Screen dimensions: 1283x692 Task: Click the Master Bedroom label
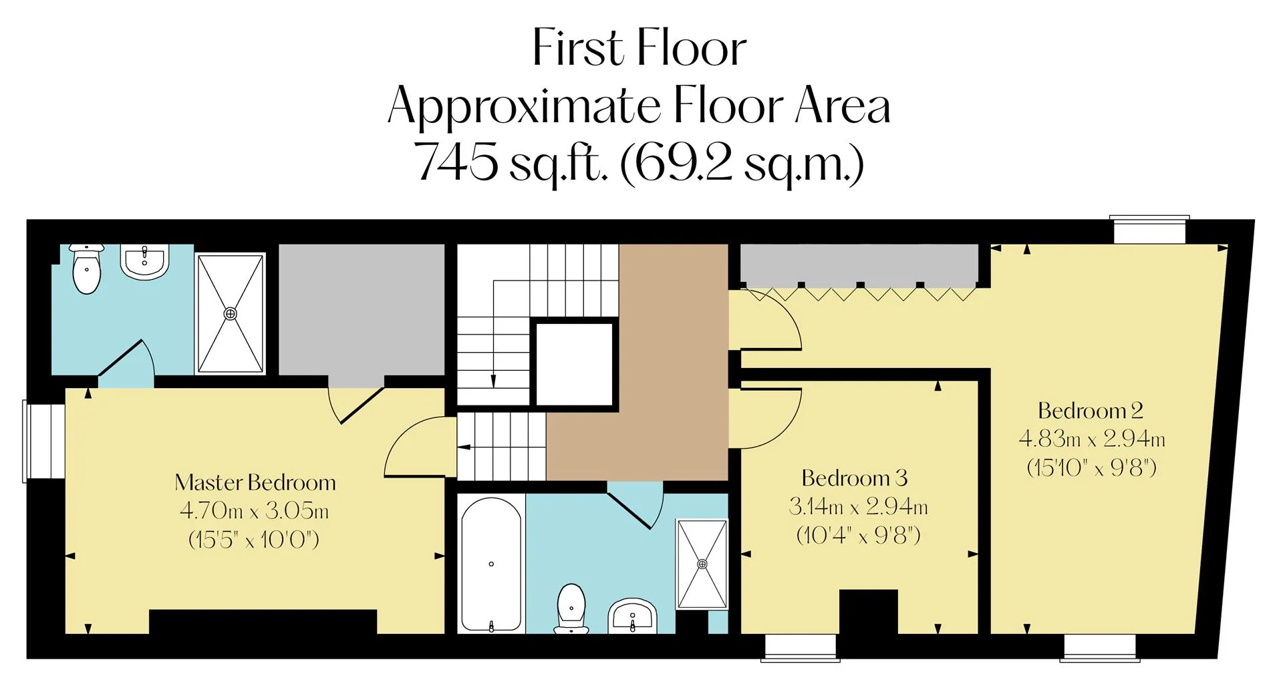point(255,482)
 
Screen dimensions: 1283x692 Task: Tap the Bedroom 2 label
point(1091,410)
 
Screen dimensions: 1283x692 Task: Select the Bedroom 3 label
point(855,478)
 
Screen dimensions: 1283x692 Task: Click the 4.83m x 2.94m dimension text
point(1092,439)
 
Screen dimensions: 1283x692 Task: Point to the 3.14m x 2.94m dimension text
point(858,507)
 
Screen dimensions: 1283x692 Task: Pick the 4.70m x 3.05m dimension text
point(254,511)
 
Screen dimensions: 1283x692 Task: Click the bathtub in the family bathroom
point(491,565)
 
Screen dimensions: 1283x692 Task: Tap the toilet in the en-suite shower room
point(87,269)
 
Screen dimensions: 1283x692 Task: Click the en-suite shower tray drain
point(230,313)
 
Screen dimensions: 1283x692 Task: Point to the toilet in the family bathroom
point(571,609)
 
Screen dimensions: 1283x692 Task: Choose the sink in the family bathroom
point(632,616)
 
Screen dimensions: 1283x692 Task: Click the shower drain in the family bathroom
point(702,564)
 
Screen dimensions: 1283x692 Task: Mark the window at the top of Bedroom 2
point(1149,230)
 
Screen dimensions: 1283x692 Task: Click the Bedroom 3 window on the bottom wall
point(800,648)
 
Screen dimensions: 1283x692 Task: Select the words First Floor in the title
point(639,48)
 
